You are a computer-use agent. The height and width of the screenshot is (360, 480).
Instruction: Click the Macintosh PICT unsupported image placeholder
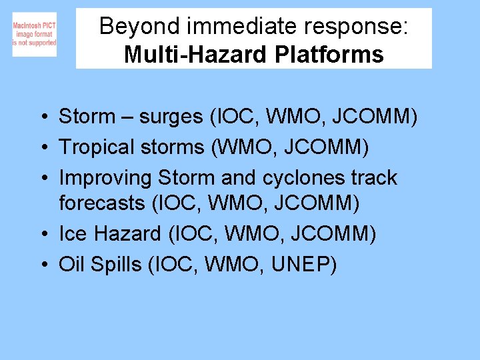tap(34, 34)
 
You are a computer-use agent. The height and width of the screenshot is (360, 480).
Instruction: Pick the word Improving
tap(106, 178)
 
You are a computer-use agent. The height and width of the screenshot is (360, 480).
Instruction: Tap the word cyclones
tap(297, 178)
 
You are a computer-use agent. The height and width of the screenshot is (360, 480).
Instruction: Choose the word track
tap(374, 178)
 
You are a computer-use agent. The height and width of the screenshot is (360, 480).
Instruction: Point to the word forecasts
tap(101, 203)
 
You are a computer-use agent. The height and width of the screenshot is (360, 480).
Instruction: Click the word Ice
tap(73, 233)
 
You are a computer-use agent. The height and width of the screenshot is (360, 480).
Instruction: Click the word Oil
tap(73, 265)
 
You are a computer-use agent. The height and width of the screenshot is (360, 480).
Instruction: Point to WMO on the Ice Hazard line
tap(244, 233)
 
